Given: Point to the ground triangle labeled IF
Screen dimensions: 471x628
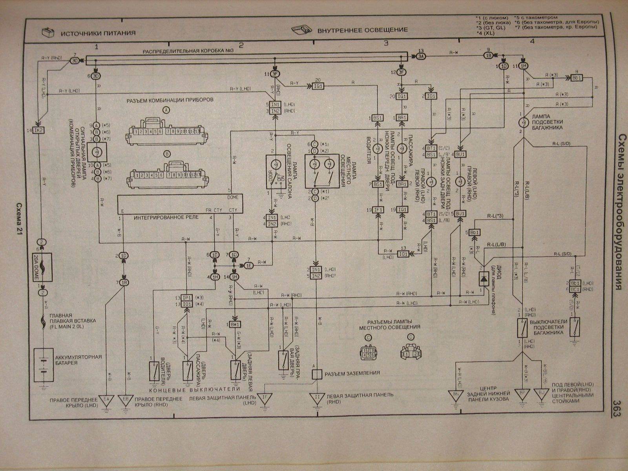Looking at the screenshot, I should pos(265,397).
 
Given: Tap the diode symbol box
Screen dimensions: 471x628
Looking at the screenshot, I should pos(483,277).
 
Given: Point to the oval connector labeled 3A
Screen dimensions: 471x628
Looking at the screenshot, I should pos(420,57).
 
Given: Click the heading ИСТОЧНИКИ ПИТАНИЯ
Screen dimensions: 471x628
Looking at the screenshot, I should pos(98,34).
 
